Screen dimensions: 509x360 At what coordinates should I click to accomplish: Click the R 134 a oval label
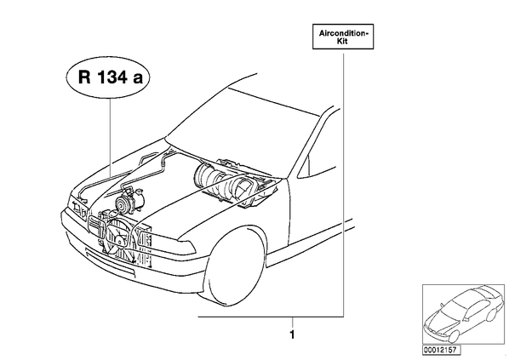coord(108,77)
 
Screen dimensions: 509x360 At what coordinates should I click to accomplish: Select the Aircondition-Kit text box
coord(343,37)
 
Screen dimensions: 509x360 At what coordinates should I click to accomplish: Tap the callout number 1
coord(292,334)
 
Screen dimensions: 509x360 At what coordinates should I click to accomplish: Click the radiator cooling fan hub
coord(120,241)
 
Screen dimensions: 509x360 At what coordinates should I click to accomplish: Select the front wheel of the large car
coord(234,267)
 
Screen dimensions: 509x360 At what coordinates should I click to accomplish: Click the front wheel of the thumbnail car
coord(454,336)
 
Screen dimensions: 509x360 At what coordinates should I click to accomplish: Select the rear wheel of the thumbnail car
coord(492,313)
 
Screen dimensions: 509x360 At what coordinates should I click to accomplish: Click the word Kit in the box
coord(342,41)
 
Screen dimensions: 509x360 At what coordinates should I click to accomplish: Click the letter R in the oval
coord(84,77)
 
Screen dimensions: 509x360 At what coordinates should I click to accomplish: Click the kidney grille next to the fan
coord(96,226)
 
